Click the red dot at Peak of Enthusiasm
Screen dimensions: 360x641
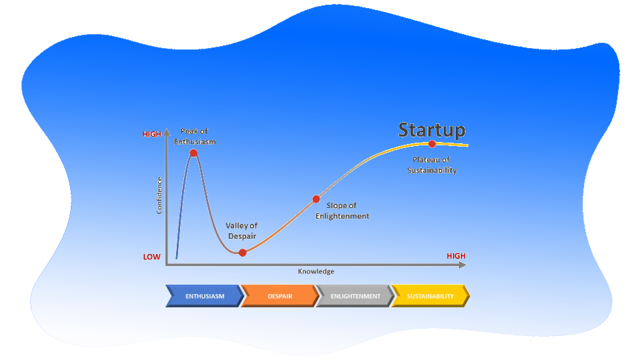[x=193, y=153]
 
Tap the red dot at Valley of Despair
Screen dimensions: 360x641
[x=242, y=253]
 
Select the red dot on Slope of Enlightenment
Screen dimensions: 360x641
[x=316, y=199]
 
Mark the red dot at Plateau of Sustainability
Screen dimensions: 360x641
[x=432, y=144]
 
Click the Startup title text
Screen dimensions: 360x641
[x=432, y=129]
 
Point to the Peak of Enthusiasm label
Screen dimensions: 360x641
[x=198, y=137]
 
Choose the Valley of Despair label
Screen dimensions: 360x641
[x=241, y=231]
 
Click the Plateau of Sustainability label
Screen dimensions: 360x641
[x=432, y=165]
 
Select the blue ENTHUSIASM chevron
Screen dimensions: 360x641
[x=204, y=296]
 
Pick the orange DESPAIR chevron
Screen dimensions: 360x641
[x=279, y=296]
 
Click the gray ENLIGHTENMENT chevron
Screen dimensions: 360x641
[x=355, y=296]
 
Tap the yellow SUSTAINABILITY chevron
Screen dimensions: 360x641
[x=430, y=296]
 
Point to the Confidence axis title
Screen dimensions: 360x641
[x=159, y=195]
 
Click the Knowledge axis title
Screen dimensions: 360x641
[x=315, y=271]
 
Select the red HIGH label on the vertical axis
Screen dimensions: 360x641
[x=151, y=134]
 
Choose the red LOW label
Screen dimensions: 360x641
[x=151, y=257]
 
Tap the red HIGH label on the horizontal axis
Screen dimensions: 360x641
[x=456, y=256]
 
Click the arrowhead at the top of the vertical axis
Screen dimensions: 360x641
[x=166, y=132]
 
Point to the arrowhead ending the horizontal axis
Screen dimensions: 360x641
[x=462, y=265]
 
